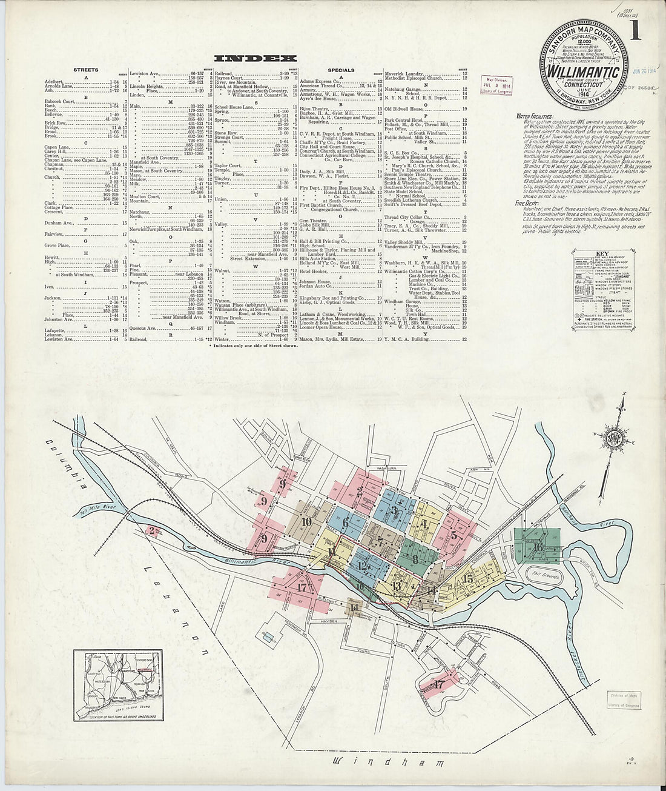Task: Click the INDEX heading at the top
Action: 255,59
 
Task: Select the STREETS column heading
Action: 85,70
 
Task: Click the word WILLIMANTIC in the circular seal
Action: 583,71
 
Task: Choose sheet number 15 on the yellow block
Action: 467,578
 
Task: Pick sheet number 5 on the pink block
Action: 453,535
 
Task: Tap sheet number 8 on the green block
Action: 415,559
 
